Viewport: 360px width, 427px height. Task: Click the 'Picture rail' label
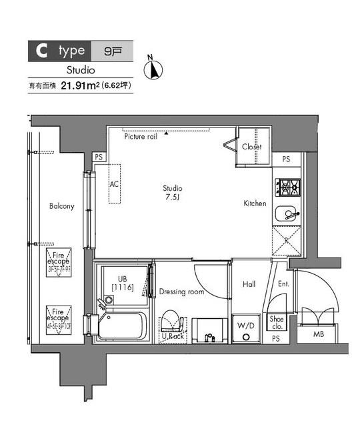[140, 136]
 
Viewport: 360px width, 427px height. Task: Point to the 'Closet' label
[251, 147]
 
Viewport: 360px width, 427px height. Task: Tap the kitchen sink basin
[288, 214]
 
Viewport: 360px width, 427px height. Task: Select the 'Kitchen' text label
[255, 203]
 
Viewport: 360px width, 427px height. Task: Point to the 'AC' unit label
[114, 183]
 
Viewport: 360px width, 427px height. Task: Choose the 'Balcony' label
[61, 206]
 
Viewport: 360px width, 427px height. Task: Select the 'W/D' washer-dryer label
[246, 326]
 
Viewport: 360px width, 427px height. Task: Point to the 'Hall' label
[249, 285]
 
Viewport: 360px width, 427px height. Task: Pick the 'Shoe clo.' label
[277, 322]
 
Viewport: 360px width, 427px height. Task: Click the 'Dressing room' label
[181, 292]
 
